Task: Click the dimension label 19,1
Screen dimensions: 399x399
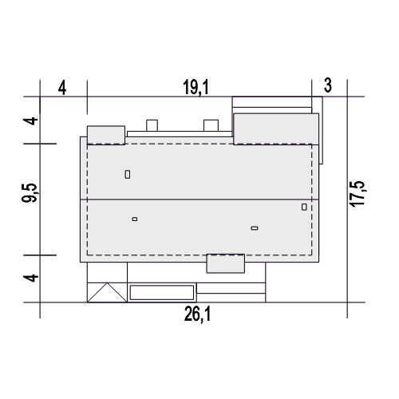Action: click(x=196, y=87)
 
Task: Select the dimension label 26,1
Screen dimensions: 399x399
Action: click(x=197, y=314)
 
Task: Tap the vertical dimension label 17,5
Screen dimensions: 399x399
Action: click(x=358, y=194)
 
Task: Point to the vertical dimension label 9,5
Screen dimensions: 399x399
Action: click(x=30, y=193)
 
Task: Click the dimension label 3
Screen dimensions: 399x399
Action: click(x=328, y=85)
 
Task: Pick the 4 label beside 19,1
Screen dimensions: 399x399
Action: click(x=62, y=88)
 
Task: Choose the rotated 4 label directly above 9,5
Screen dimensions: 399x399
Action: click(x=31, y=120)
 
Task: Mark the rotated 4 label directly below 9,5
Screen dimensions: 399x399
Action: click(x=31, y=278)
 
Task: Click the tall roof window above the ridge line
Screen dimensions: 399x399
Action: click(x=128, y=175)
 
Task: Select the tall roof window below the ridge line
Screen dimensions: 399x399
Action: click(x=304, y=207)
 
